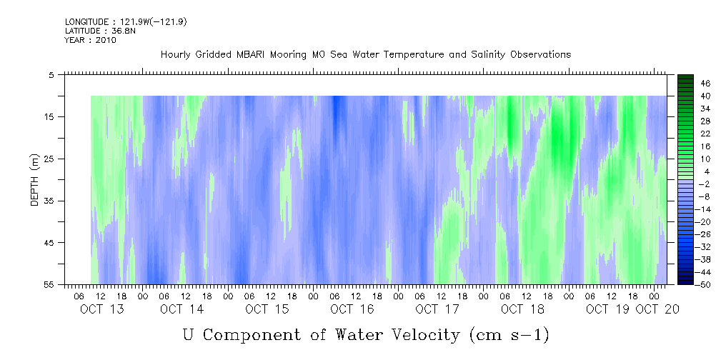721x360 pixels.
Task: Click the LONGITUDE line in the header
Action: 126,22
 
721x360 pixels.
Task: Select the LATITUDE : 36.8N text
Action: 100,31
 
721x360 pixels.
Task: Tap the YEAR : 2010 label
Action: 91,40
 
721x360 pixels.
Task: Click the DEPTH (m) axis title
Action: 36,180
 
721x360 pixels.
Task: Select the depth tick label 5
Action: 51,74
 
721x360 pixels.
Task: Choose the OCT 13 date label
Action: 101,309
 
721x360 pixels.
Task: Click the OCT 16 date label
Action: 352,309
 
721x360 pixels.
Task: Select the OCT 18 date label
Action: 522,309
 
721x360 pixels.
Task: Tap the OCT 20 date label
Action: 657,309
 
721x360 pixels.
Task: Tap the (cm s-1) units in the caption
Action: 509,335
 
